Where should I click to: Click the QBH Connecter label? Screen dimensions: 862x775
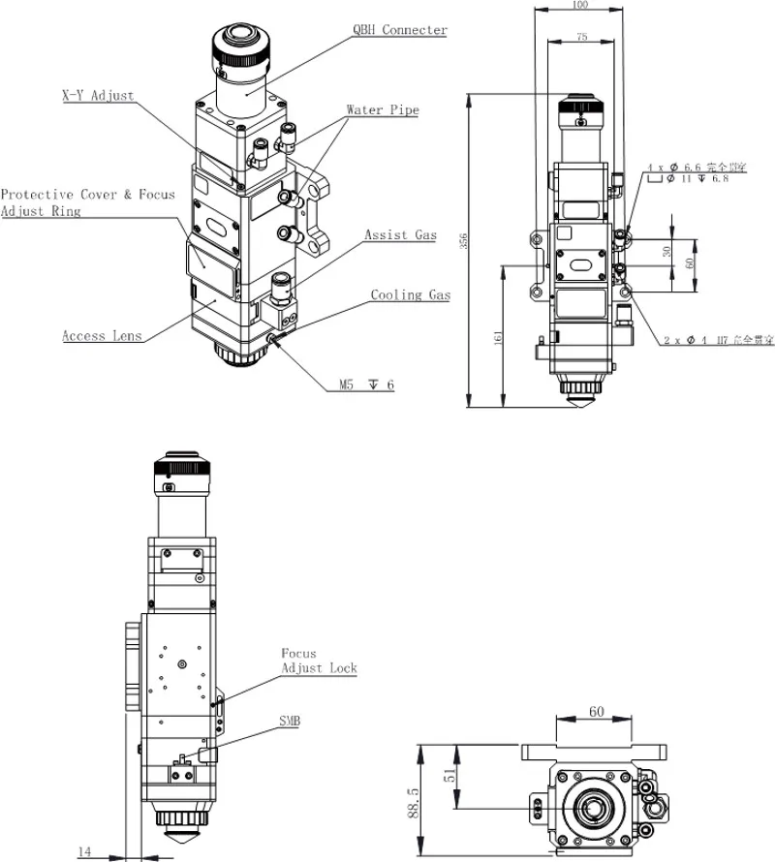click(x=399, y=30)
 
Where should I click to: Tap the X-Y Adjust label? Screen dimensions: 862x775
click(x=97, y=96)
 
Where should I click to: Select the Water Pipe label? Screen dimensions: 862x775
click(x=383, y=110)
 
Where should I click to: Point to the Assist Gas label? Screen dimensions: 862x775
click(x=400, y=234)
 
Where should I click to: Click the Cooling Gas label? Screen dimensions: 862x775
click(x=410, y=294)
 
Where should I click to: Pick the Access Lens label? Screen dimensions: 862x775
click(x=102, y=336)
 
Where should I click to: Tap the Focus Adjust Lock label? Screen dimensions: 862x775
click(x=319, y=661)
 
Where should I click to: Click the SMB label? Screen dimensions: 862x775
click(x=291, y=721)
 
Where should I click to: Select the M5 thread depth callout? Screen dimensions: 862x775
click(x=366, y=385)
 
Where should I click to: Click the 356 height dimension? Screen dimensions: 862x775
click(x=463, y=243)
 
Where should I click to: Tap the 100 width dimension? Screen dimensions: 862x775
click(x=580, y=6)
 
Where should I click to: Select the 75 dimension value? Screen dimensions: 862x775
click(x=580, y=36)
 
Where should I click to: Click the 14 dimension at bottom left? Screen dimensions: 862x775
click(x=84, y=851)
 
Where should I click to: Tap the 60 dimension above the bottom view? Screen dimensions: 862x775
click(x=596, y=712)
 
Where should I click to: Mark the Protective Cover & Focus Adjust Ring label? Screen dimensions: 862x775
click(x=87, y=202)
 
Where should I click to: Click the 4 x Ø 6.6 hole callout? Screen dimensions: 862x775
click(x=697, y=168)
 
